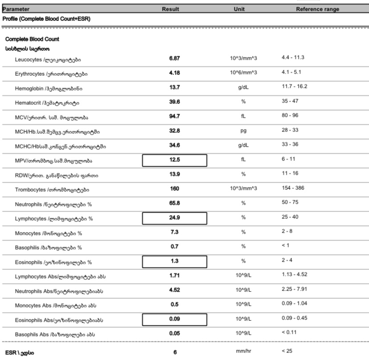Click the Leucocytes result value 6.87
174,58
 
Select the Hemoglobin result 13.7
174,88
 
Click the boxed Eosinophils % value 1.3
174,262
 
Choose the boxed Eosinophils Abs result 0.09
174,319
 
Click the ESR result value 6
175,352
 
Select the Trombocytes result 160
174,189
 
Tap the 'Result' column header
170,9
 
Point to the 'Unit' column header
239,9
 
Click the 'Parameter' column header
16,9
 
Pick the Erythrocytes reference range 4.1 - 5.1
292,72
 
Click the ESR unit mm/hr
243,351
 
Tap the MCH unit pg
243,131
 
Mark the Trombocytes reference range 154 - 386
293,188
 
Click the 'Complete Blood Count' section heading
32,39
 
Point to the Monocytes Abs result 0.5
174,305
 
